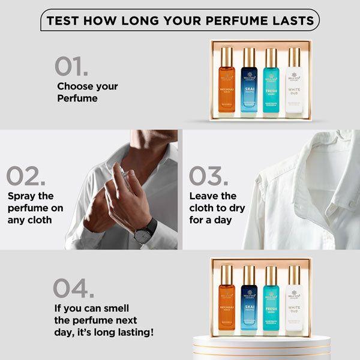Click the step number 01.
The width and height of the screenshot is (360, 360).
pyautogui.click(x=71, y=67)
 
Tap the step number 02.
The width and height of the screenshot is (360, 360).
pyautogui.click(x=26, y=175)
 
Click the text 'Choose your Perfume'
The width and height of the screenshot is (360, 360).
pyautogui.click(x=87, y=92)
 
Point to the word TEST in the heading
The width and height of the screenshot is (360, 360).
pyautogui.click(x=62, y=21)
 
